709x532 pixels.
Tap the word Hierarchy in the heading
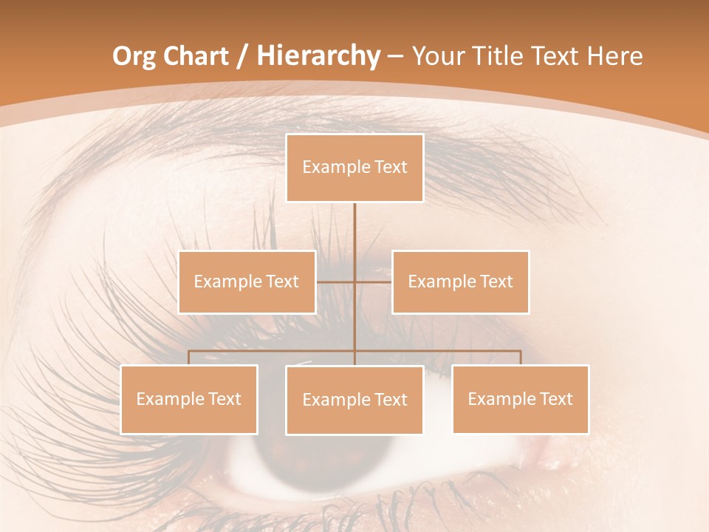point(318,56)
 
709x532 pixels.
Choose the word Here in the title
point(615,56)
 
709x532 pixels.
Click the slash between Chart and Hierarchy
point(242,57)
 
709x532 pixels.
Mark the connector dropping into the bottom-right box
point(521,358)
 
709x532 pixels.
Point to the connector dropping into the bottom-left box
point(189,358)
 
